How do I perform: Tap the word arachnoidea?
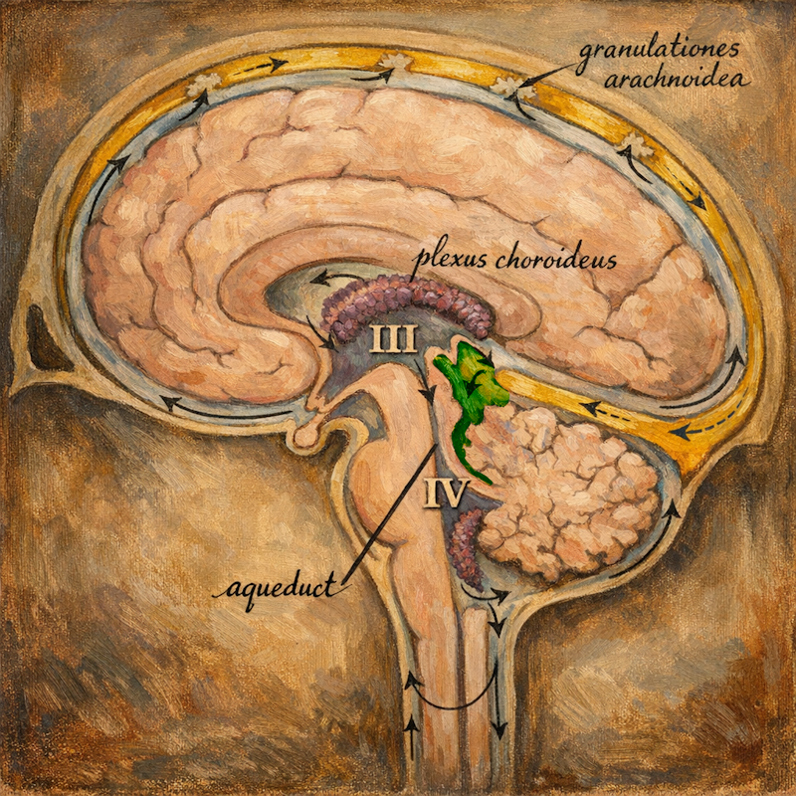tap(677, 81)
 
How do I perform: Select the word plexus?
tap(452, 261)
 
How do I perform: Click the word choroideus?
tap(556, 259)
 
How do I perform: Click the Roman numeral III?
tap(393, 338)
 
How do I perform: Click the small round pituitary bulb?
tap(306, 436)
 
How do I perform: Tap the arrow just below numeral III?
tap(425, 382)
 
